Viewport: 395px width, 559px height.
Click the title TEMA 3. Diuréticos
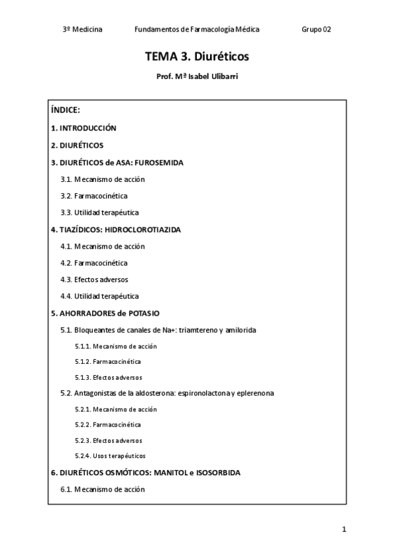click(x=197, y=57)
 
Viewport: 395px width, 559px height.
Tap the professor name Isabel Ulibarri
click(x=209, y=77)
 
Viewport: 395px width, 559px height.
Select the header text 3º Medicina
click(x=82, y=30)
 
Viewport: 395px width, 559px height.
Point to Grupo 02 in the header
click(x=316, y=30)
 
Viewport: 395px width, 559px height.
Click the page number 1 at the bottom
click(x=344, y=529)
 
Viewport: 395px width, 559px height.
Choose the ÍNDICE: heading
click(x=65, y=110)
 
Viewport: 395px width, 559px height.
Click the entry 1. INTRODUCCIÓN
click(x=84, y=128)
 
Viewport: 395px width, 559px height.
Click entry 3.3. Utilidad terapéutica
click(x=99, y=212)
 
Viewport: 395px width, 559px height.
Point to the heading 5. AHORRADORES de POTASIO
click(x=105, y=313)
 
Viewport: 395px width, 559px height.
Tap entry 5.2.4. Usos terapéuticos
click(x=110, y=456)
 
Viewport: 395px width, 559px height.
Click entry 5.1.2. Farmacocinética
click(x=108, y=362)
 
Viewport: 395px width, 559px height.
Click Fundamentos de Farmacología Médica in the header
click(x=196, y=30)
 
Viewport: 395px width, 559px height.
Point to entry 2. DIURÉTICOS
click(x=77, y=145)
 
